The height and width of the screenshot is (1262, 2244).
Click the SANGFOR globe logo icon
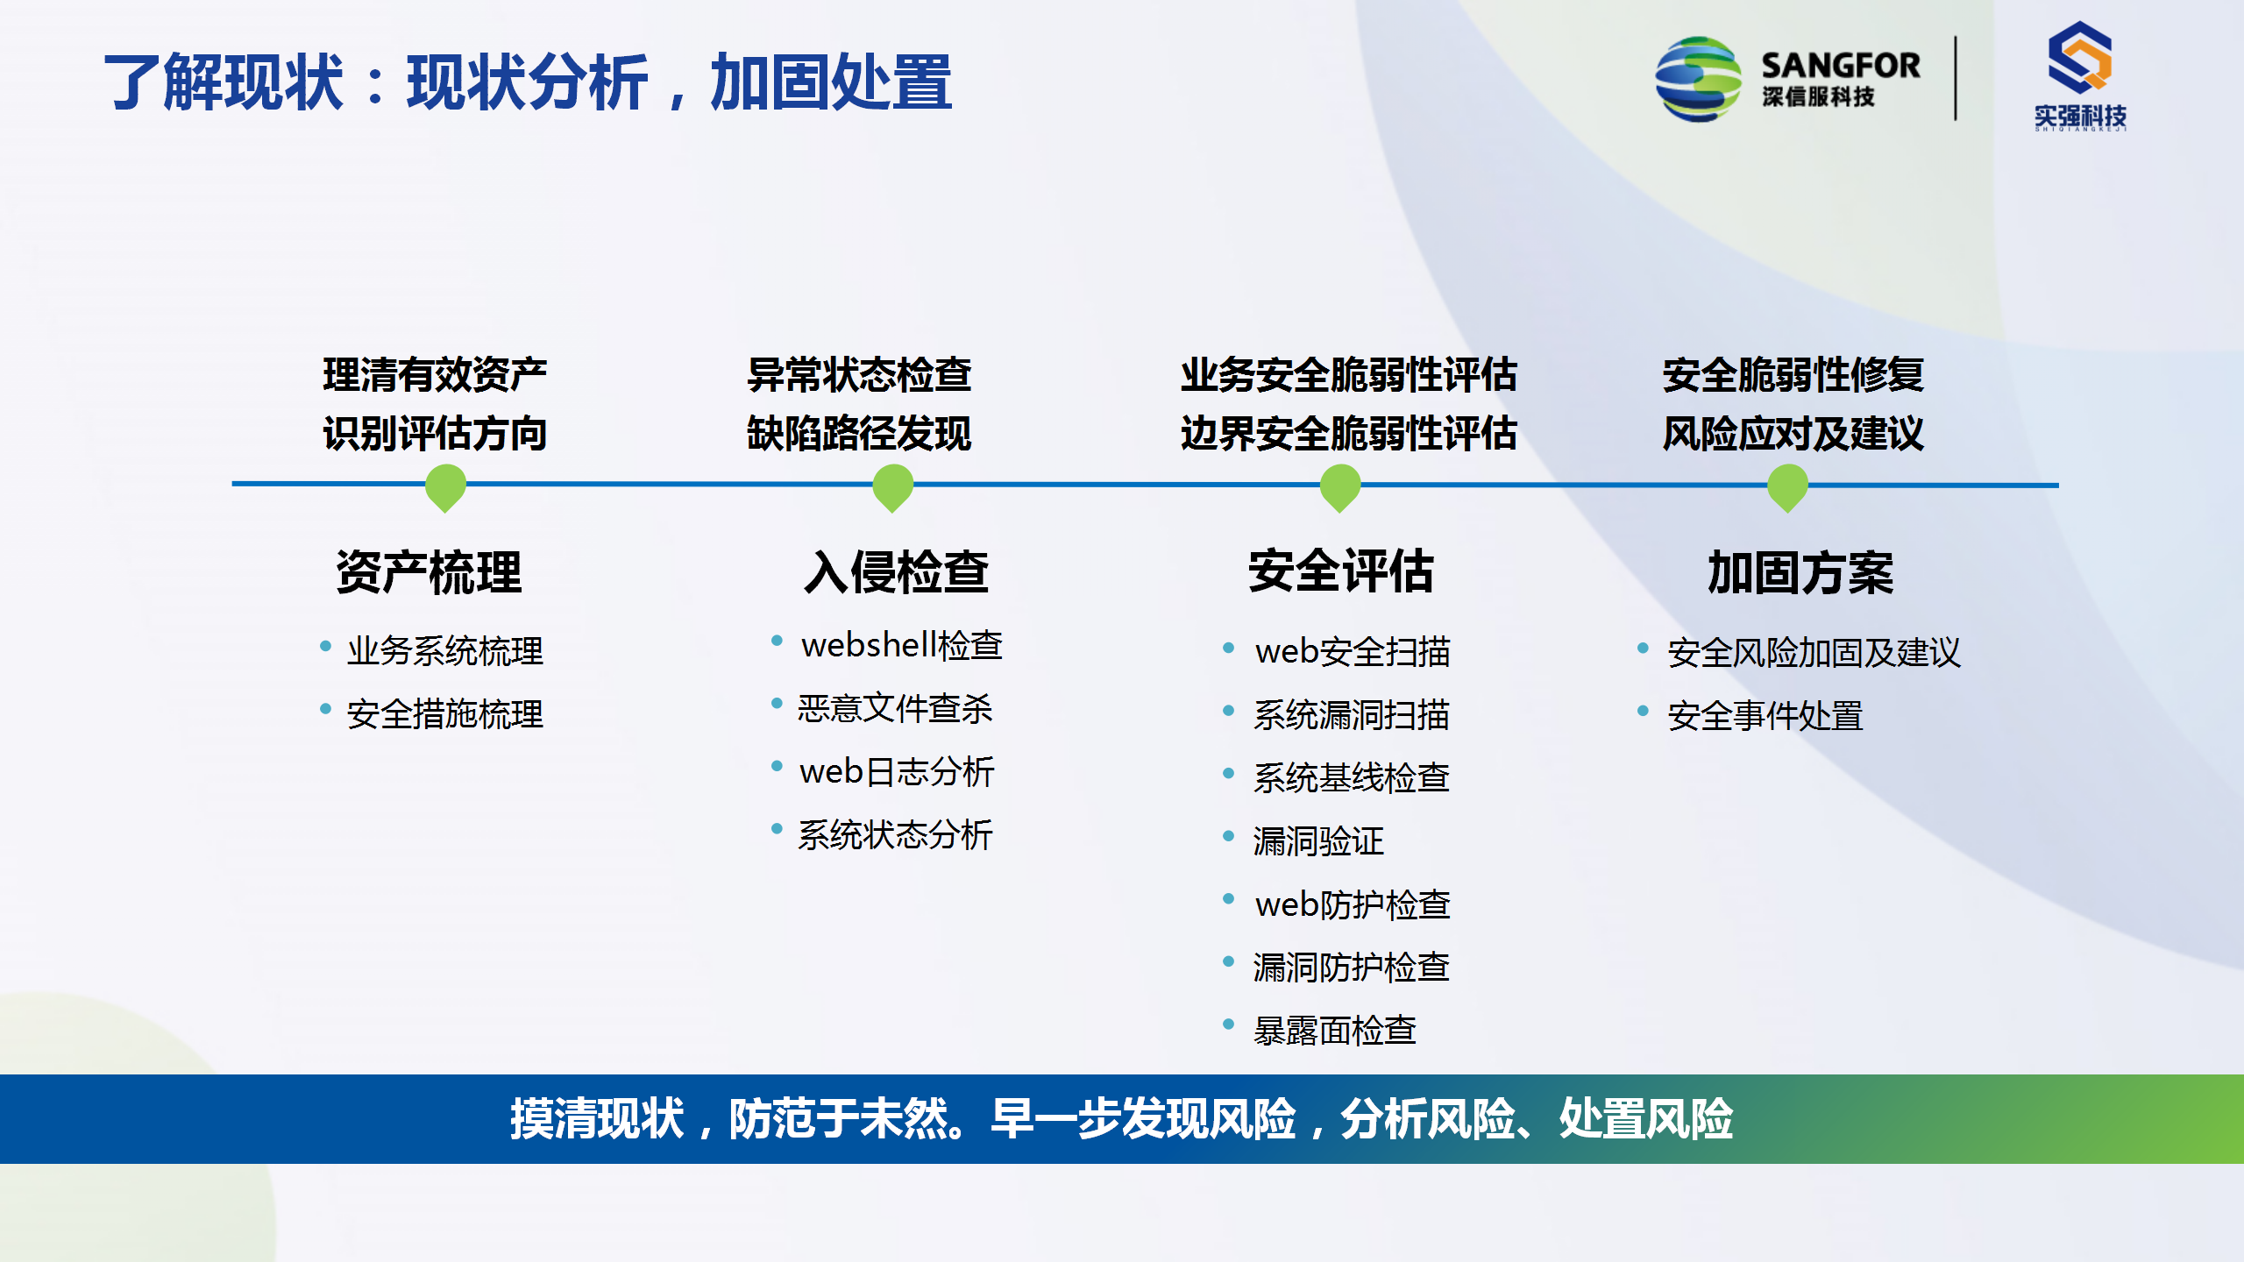(x=1698, y=79)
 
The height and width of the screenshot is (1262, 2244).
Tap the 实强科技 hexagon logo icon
(x=2079, y=58)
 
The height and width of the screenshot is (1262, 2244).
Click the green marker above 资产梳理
(x=445, y=487)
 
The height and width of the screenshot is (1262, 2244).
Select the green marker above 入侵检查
(x=893, y=487)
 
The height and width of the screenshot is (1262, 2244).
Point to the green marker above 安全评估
(x=1340, y=487)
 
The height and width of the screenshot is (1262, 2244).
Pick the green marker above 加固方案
(x=1788, y=487)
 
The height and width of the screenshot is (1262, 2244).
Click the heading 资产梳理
(x=430, y=572)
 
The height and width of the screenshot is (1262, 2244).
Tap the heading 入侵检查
(x=897, y=572)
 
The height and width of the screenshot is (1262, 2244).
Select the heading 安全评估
(x=1341, y=571)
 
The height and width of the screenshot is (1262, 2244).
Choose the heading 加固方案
(x=1801, y=572)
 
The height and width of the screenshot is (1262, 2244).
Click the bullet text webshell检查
(x=902, y=645)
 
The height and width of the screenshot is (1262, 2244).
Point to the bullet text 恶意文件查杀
(x=895, y=708)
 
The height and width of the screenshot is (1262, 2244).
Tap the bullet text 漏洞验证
(x=1318, y=841)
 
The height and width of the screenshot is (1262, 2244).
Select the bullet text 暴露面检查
(x=1335, y=1031)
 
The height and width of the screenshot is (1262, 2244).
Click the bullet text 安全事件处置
(x=1765, y=716)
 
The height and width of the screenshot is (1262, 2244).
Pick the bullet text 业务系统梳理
(x=445, y=651)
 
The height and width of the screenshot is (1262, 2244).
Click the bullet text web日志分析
(x=897, y=772)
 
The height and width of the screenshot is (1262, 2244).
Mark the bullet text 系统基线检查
(x=1352, y=778)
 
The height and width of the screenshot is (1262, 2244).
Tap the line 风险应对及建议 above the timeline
(x=1793, y=434)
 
